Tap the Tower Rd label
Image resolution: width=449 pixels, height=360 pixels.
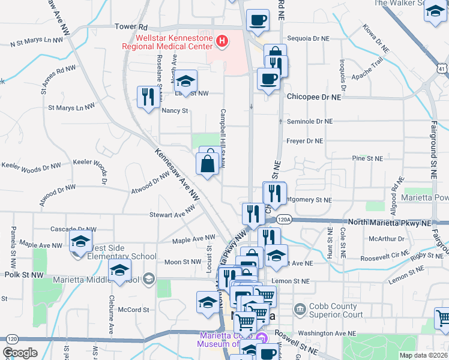(131, 27)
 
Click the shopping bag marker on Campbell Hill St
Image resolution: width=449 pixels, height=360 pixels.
(207, 163)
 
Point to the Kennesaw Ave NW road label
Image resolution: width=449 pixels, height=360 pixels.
(177, 173)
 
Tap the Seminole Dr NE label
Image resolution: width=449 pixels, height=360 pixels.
(309, 121)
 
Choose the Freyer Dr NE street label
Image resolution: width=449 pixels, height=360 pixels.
(306, 142)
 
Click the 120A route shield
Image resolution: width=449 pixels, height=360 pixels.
(285, 220)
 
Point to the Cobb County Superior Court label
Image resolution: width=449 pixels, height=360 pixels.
(337, 310)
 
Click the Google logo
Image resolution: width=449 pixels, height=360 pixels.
(20, 353)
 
